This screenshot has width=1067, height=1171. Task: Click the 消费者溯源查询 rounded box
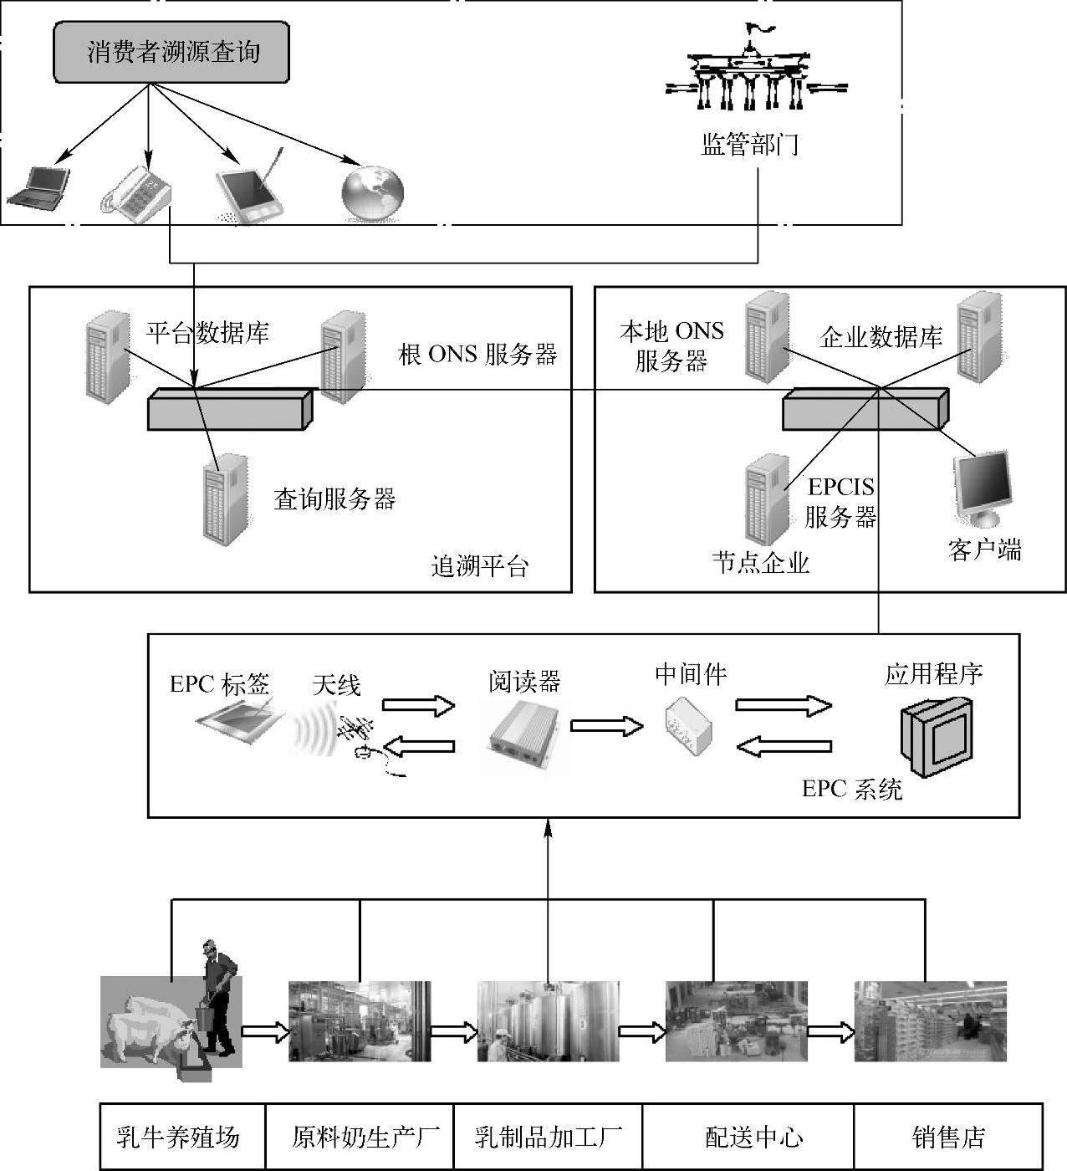tap(171, 53)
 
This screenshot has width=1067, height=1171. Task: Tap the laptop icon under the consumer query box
tap(38, 187)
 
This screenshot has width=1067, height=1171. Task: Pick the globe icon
tap(373, 193)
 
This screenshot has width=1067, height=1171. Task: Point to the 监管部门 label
tap(749, 145)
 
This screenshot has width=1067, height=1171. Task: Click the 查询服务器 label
tap(334, 499)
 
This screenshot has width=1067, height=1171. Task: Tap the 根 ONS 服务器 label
tap(477, 355)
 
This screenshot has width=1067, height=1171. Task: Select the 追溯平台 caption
tap(480, 567)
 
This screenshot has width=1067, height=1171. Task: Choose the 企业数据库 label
tap(881, 337)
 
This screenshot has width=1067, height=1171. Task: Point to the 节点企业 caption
tap(761, 562)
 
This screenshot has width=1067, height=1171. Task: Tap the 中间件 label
tap(691, 674)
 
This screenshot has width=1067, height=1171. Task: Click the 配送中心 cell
tap(748, 1137)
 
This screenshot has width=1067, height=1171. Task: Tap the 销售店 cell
tap(948, 1137)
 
